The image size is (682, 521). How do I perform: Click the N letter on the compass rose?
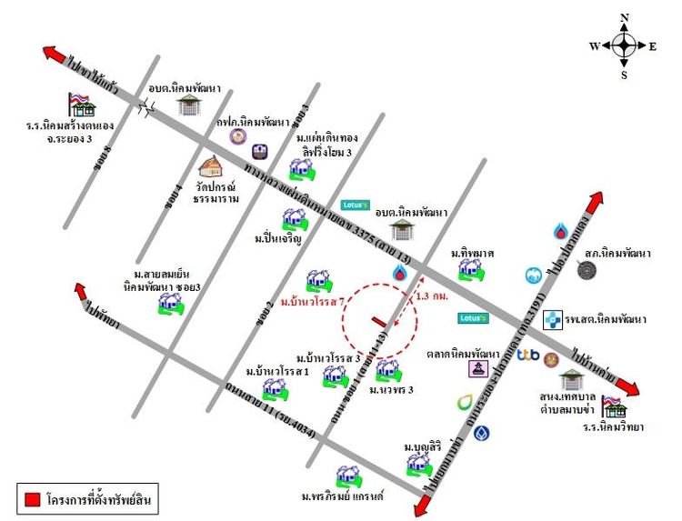(x=624, y=17)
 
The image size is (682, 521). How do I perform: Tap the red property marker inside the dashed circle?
(x=378, y=319)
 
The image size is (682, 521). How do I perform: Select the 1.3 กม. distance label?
(x=432, y=296)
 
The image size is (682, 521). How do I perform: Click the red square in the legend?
(x=31, y=499)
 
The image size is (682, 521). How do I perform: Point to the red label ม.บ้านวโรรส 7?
(x=310, y=301)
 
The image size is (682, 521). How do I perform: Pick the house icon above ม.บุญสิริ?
(x=418, y=464)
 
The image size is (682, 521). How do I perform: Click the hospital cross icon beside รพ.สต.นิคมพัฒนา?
(x=552, y=319)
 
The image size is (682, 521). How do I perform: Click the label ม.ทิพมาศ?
(x=471, y=254)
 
